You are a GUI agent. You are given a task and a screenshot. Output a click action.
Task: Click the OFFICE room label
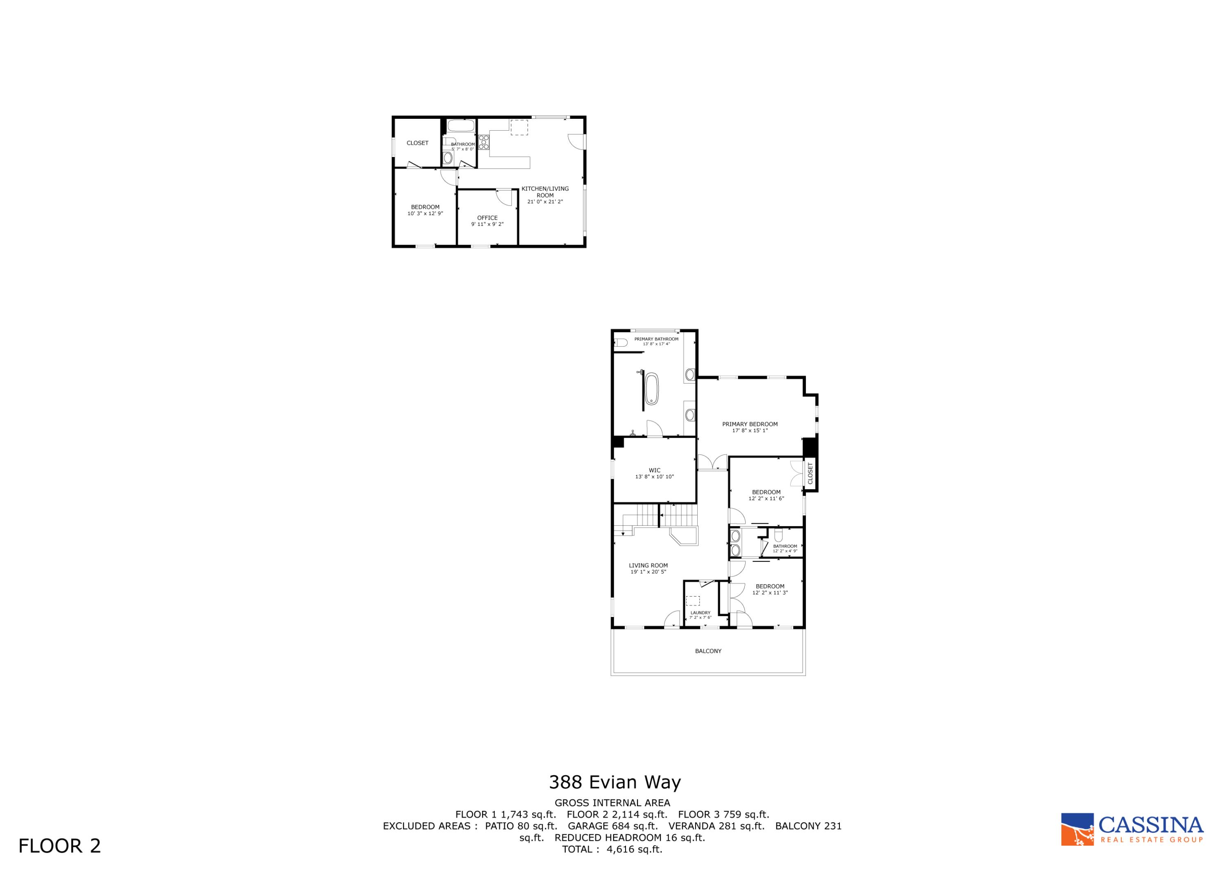[x=487, y=218]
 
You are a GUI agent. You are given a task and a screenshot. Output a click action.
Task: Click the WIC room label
[x=654, y=470]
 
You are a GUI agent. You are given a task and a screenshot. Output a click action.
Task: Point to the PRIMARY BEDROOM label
[x=749, y=424]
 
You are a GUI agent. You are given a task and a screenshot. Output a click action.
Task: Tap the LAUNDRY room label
[x=700, y=613]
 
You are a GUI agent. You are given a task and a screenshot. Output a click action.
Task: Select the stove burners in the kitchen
[x=484, y=142]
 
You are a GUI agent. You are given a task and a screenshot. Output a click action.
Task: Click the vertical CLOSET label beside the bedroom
[x=810, y=474]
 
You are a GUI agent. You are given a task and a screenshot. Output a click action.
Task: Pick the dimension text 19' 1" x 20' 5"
[x=648, y=572]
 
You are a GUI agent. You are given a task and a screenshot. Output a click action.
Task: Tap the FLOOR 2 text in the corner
[x=59, y=846]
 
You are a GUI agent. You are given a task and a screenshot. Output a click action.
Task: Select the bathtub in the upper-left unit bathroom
[x=460, y=126]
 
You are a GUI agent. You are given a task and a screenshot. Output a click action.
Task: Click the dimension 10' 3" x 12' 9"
[x=425, y=213]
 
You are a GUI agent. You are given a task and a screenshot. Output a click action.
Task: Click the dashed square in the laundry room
[x=693, y=600]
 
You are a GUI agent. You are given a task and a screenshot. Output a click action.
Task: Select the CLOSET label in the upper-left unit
[x=417, y=143]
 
